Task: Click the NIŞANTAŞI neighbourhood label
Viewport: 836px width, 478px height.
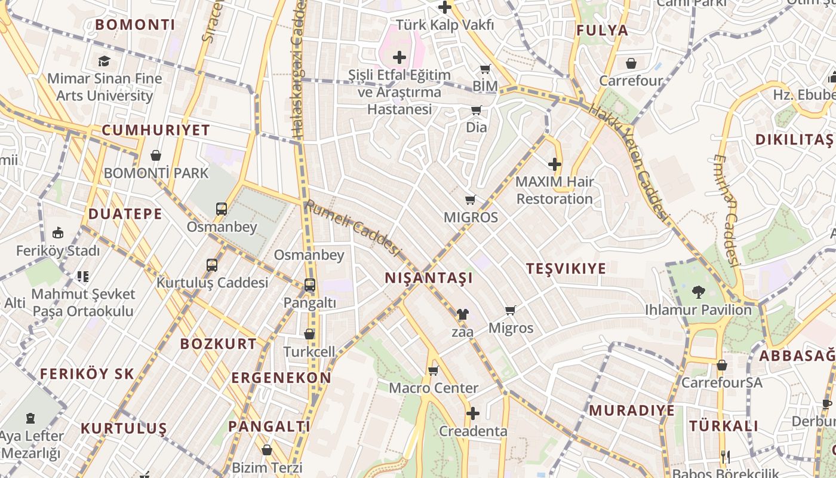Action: coord(429,278)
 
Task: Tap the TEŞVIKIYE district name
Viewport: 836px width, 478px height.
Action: coord(566,268)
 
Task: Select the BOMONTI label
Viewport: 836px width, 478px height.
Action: coord(135,25)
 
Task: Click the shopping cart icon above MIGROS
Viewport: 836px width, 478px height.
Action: coord(471,200)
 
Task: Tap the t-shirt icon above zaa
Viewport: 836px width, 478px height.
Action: coord(462,314)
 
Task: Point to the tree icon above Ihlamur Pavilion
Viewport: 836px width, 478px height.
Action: coord(698,292)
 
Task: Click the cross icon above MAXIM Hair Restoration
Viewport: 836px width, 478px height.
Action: coord(555,164)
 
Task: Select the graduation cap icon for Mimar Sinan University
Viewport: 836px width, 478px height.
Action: coord(105,61)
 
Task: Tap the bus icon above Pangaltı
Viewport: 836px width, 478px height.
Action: coord(309,285)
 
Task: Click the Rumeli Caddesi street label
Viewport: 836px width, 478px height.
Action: coord(352,228)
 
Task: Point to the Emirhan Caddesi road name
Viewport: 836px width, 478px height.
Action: coord(726,209)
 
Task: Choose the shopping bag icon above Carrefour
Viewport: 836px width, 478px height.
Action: coord(631,63)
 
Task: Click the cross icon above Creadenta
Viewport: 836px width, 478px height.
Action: coord(473,413)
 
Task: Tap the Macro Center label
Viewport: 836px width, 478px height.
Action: coord(434,388)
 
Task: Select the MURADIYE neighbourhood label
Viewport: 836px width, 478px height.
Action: coord(632,410)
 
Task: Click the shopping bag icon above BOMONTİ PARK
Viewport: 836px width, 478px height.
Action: coord(156,155)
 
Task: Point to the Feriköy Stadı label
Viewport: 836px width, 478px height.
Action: coord(58,251)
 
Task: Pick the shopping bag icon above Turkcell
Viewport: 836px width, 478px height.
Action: coord(309,334)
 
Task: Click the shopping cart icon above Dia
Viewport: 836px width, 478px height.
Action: coord(476,110)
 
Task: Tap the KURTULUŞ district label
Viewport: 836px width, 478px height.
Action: coord(124,428)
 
